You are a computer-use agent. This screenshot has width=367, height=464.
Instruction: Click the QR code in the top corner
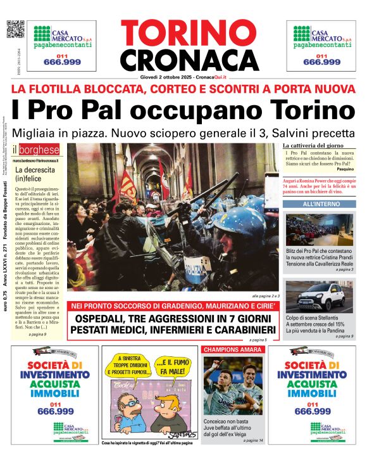pyautogui.click(x=15, y=29)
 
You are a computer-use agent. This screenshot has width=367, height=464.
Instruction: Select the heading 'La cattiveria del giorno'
pyautogui.click(x=313, y=146)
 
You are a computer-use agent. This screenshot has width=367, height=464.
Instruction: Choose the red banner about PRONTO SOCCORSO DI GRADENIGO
pyautogui.click(x=173, y=305)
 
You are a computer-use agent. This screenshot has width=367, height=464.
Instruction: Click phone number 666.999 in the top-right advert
pyautogui.click(x=321, y=62)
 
